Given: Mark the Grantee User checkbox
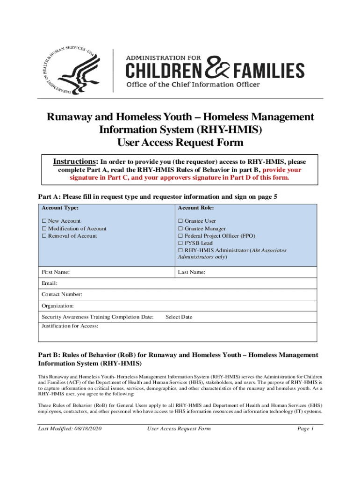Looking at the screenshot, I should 180,221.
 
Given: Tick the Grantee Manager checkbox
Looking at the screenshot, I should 180,228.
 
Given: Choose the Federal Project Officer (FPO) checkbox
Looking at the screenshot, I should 180,236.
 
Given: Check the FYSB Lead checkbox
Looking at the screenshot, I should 180,243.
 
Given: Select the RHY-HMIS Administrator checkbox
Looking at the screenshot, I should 180,250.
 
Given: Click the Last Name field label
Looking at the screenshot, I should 192,272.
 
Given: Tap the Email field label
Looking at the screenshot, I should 50,283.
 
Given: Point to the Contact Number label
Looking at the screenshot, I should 62,294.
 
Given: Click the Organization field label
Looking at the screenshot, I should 58,305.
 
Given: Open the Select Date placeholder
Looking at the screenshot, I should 179,317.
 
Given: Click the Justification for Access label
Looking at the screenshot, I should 70,326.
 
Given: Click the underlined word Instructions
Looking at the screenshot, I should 74,162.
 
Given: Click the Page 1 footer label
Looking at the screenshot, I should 305,428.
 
